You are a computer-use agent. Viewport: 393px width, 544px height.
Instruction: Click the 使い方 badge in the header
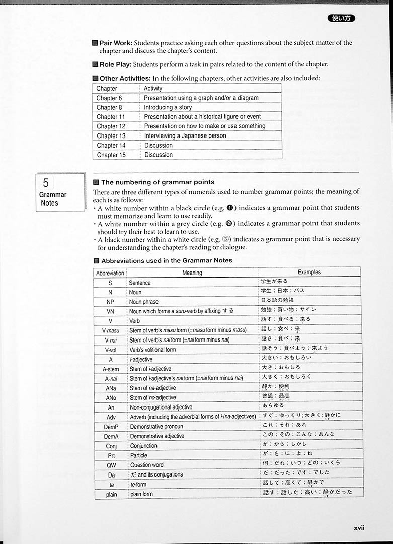click(342, 18)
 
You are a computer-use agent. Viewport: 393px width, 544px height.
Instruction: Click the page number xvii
click(359, 528)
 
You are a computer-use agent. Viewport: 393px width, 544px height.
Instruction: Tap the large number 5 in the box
click(46, 182)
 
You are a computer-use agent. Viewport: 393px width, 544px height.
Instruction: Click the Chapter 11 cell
click(111, 117)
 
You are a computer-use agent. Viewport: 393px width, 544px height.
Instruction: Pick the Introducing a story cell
click(168, 107)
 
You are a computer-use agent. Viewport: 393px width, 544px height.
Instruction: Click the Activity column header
click(153, 89)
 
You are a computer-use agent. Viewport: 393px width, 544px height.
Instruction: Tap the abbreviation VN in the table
click(111, 311)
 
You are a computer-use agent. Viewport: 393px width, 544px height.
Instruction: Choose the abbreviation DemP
click(111, 427)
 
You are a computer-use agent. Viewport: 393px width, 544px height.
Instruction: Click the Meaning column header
click(192, 273)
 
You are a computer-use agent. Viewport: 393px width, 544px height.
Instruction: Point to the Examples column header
click(309, 273)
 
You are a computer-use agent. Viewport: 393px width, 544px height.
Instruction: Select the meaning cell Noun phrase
click(143, 302)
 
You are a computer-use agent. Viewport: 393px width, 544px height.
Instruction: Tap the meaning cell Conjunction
click(143, 446)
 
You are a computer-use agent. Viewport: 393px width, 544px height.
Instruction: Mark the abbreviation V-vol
click(111, 350)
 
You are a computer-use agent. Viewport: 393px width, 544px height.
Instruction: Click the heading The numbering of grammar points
click(158, 182)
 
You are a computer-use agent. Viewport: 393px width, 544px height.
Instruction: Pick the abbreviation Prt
click(111, 455)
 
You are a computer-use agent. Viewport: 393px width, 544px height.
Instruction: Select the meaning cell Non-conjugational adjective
click(161, 407)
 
